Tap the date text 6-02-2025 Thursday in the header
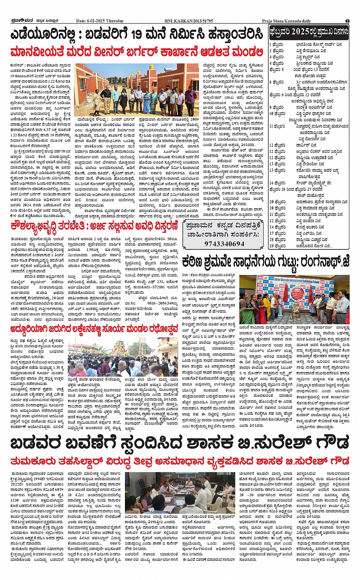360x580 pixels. pos(100,21)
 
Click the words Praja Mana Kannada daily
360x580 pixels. pos(286,21)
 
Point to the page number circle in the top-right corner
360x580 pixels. pos(347,21)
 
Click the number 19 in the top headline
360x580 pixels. pos(139,35)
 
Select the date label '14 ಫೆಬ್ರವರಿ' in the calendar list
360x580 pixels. pos(277,183)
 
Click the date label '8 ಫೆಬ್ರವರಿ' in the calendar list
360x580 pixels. pos(277,107)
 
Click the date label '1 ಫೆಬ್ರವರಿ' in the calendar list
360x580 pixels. pos(277,45)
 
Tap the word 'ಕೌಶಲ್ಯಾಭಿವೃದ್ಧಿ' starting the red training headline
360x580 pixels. pos(40,225)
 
